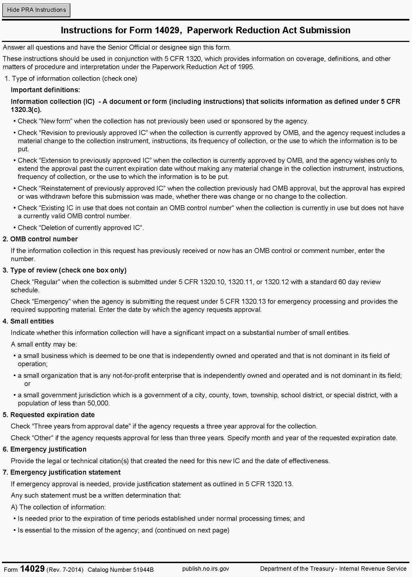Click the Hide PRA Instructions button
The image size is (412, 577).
(x=36, y=10)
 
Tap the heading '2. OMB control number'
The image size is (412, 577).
(x=40, y=239)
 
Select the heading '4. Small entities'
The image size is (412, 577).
(x=28, y=321)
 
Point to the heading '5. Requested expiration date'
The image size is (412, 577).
(x=49, y=415)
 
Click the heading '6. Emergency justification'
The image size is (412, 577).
(x=45, y=449)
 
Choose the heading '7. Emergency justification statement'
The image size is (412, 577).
(x=62, y=472)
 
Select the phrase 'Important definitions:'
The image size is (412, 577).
(x=45, y=90)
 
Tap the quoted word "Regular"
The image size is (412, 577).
(x=46, y=282)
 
